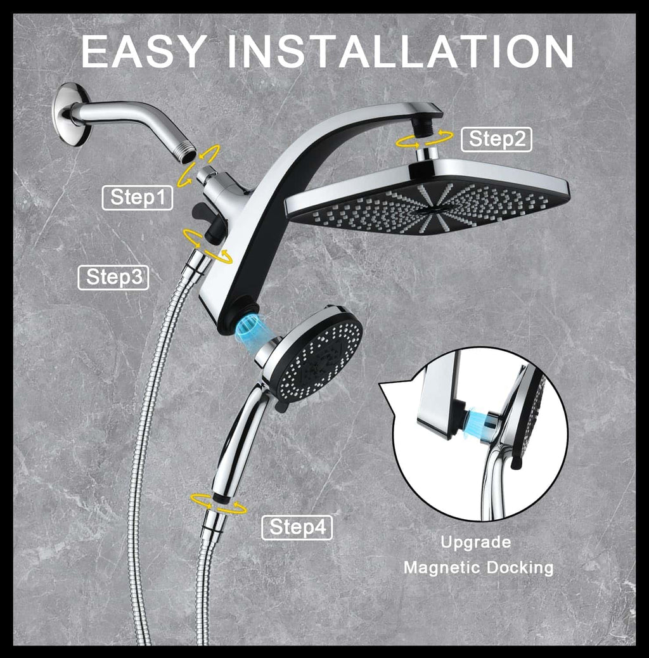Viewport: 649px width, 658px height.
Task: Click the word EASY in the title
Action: pos(147,51)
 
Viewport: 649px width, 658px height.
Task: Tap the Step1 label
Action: pos(138,197)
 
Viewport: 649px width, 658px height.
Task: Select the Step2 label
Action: pos(497,139)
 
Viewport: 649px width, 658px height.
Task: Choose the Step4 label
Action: pos(297,527)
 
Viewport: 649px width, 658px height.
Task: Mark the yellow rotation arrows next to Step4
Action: pos(219,502)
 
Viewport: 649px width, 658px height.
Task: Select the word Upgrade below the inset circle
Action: pos(476,542)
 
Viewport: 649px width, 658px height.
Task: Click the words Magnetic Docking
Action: pos(478,567)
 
